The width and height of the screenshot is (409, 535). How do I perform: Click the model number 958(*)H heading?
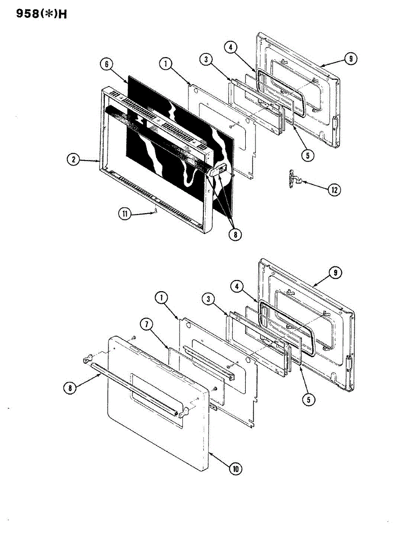tap(42, 14)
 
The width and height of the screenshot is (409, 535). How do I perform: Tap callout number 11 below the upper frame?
tap(125, 214)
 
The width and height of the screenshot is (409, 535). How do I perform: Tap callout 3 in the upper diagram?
tap(206, 60)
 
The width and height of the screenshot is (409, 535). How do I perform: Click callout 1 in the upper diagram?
tap(165, 64)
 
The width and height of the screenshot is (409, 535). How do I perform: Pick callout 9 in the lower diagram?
tap(336, 271)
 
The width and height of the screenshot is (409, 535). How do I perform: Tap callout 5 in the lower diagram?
tap(308, 399)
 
